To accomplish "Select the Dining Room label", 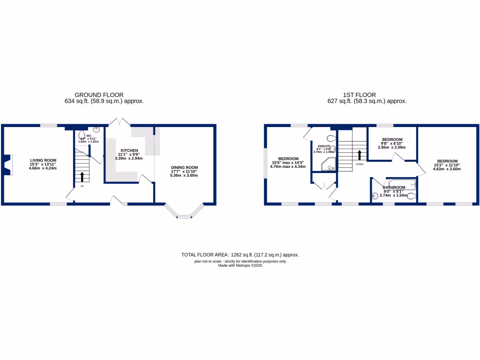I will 185,167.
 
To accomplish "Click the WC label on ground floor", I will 88,136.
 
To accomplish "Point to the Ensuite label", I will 324,146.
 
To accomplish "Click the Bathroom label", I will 393,187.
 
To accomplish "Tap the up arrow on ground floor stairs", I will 82,177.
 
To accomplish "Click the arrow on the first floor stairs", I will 360,155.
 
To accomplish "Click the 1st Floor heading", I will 360,95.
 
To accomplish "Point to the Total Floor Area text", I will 240,255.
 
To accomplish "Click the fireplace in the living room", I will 6,165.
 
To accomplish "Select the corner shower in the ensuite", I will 328,165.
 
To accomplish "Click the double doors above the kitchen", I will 120,121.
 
